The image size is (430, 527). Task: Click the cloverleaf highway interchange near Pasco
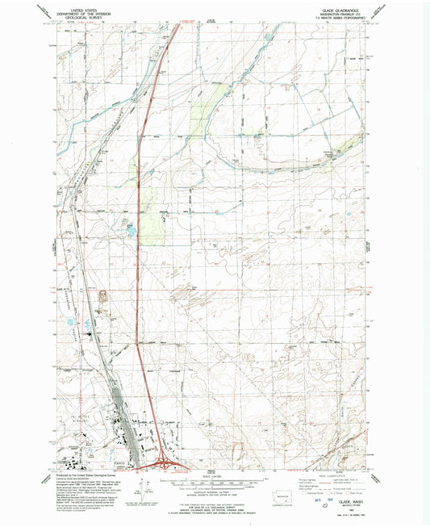(x=162, y=462)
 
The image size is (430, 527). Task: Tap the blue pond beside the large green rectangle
(x=127, y=230)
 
